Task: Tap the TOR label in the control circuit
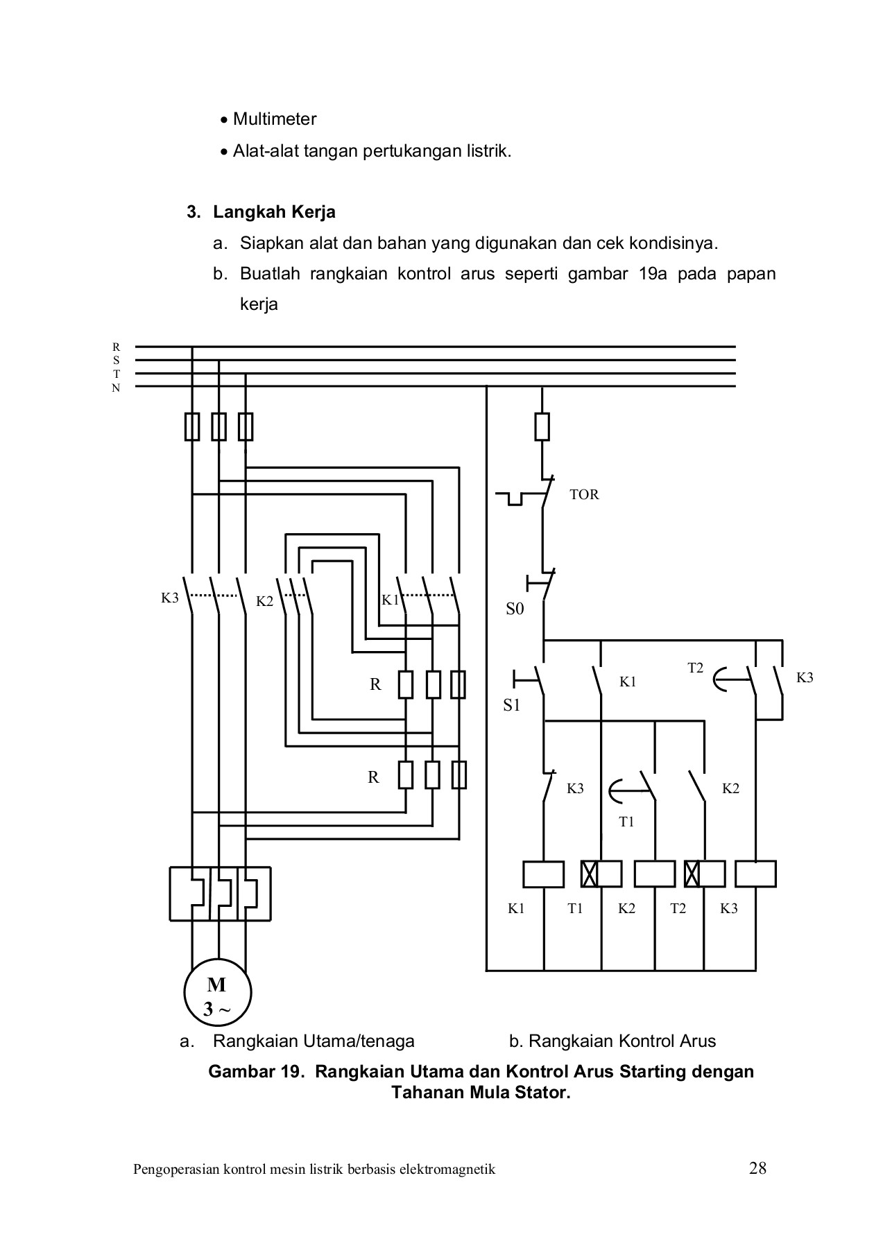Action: [583, 495]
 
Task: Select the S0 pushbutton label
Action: [515, 609]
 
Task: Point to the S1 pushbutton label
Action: [511, 706]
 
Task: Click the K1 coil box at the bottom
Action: [543, 874]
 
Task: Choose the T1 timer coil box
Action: [601, 874]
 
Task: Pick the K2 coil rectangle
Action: [654, 874]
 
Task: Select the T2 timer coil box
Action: [704, 874]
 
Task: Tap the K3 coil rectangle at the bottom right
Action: [755, 874]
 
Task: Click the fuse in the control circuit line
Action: [542, 426]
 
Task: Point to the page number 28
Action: [757, 1169]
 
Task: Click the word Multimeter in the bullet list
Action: [275, 119]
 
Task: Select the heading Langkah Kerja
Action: [274, 212]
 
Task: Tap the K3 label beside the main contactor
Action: [170, 598]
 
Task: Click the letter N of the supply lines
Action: [117, 388]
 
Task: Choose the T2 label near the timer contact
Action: [695, 668]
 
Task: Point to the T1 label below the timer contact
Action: [626, 822]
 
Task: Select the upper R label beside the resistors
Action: [375, 685]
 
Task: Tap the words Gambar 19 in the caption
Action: [252, 1072]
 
